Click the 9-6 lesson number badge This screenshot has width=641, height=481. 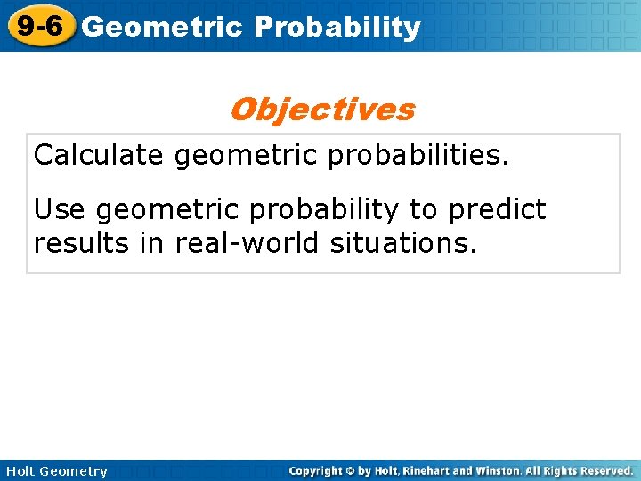pos(38,26)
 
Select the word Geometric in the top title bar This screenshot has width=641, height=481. pos(161,28)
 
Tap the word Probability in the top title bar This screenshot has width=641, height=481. pos(337,28)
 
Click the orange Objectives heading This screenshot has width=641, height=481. pos(321,110)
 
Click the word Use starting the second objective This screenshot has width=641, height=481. pos(60,210)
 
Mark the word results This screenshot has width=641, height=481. pos(85,241)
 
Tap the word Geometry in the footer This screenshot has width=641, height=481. pos(74,471)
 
